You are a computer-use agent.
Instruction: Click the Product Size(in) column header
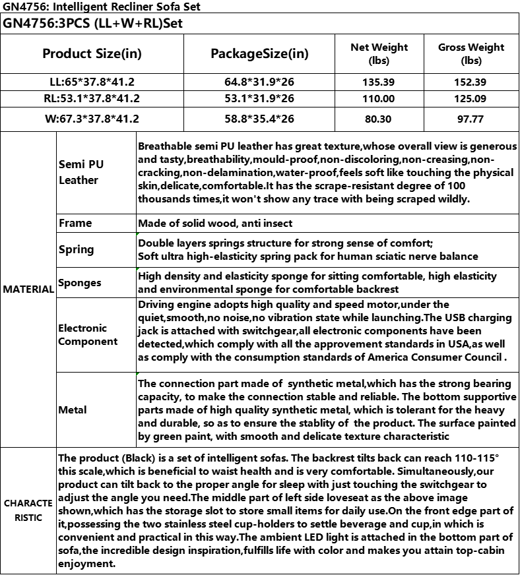pyautogui.click(x=92, y=53)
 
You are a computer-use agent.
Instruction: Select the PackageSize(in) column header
pyautogui.click(x=259, y=53)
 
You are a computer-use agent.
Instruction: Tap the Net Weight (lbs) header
pyautogui.click(x=379, y=53)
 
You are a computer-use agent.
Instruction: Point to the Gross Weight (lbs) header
pyautogui.click(x=471, y=53)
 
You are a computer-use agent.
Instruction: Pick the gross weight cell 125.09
pyautogui.click(x=471, y=99)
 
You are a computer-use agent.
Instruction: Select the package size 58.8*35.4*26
pyautogui.click(x=259, y=119)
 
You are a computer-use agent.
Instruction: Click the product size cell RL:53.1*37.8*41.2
pyautogui.click(x=92, y=99)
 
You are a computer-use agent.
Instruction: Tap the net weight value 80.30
pyautogui.click(x=379, y=119)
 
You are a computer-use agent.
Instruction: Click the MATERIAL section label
pyautogui.click(x=28, y=289)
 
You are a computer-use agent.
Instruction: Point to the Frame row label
pyautogui.click(x=75, y=223)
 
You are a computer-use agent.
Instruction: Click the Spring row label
pyautogui.click(x=77, y=249)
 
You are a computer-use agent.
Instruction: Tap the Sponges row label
pyautogui.click(x=80, y=283)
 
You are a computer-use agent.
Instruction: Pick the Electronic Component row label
pyautogui.click(x=82, y=334)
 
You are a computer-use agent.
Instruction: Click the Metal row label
pyautogui.click(x=73, y=409)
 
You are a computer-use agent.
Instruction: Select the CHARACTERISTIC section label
pyautogui.click(x=28, y=510)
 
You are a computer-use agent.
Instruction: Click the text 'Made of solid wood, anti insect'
pyautogui.click(x=215, y=223)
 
